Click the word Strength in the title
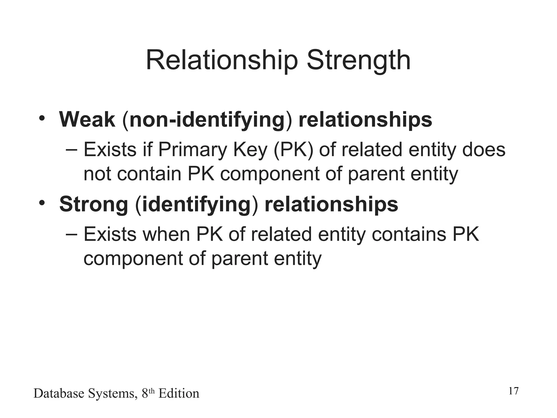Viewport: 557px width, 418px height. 358,61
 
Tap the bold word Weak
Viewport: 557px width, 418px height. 87,120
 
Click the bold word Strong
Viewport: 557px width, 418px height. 94,204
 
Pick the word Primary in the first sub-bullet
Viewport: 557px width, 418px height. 192,150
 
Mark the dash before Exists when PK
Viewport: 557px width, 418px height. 72,235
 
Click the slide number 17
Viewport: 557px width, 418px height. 513,391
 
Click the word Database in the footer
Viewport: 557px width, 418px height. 59,394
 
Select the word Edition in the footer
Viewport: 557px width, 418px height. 179,394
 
